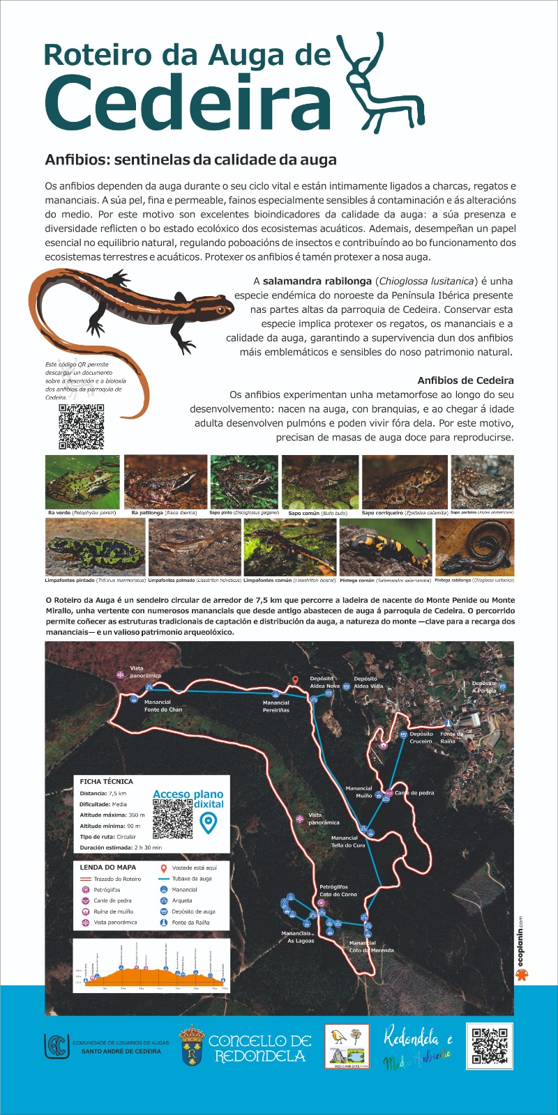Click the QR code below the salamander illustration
click(x=81, y=426)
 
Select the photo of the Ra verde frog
click(x=82, y=482)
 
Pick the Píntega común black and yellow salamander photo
click(x=386, y=546)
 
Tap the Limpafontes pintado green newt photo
click(x=95, y=546)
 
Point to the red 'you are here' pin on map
click(x=295, y=681)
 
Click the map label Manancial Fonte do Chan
click(x=163, y=706)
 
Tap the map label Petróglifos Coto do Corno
click(x=338, y=891)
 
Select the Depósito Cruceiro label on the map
click(x=421, y=737)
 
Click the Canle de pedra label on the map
click(x=414, y=793)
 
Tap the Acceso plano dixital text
click(x=188, y=799)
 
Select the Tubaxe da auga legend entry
click(x=191, y=879)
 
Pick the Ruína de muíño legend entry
click(x=113, y=912)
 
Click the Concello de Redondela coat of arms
click(x=192, y=1045)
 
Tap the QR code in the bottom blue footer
click(x=490, y=1045)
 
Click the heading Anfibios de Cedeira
click(x=465, y=380)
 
